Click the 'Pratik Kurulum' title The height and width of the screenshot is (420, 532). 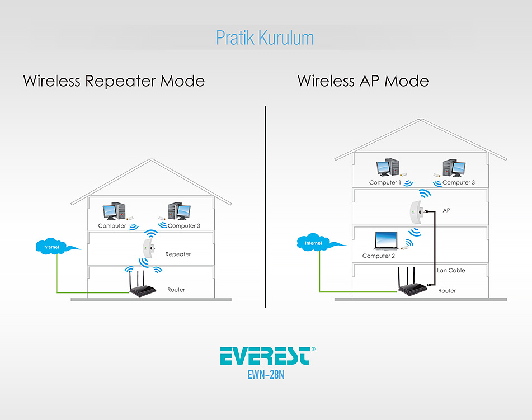pos(265,37)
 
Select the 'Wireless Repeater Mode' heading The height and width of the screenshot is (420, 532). pos(114,81)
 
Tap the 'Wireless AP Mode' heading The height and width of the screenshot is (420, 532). pos(363,81)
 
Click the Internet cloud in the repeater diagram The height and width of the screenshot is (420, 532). pos(54,246)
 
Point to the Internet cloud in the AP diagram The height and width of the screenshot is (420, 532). pos(317,242)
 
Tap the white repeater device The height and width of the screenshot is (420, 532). pos(148,248)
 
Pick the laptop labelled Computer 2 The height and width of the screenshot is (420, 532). pos(386,240)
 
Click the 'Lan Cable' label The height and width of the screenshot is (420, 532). pos(451,270)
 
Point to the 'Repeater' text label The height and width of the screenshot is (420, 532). pos(178,254)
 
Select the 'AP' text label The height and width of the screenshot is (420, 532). pos(446,210)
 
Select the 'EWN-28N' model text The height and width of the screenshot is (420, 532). pos(266,375)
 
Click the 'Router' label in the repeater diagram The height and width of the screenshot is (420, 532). pos(176,290)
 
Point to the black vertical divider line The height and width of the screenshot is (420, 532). pos(266,206)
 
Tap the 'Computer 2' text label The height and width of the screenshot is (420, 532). pos(379,256)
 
